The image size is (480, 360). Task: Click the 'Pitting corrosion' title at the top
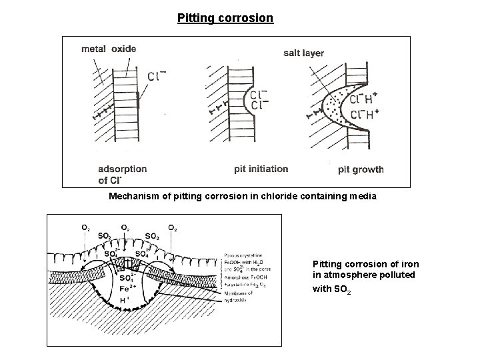225,17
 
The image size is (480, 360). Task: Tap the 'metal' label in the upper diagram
94,48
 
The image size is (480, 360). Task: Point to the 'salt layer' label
303,53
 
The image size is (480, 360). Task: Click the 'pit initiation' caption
261,169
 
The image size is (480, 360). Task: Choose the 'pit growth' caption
360,169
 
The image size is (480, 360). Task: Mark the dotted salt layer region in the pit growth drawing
331,107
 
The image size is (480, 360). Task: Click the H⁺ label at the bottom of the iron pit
124,301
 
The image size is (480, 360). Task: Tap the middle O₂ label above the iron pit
125,227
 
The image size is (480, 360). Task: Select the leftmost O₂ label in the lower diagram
85,227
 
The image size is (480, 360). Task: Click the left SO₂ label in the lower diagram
105,237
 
